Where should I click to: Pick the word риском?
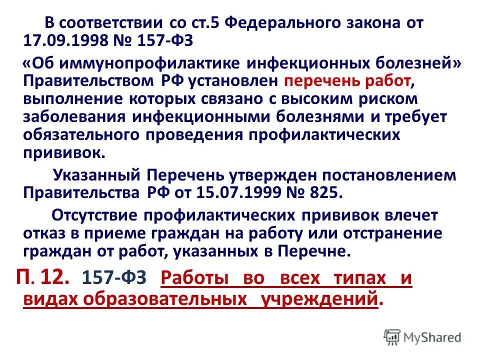[x=386, y=98]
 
